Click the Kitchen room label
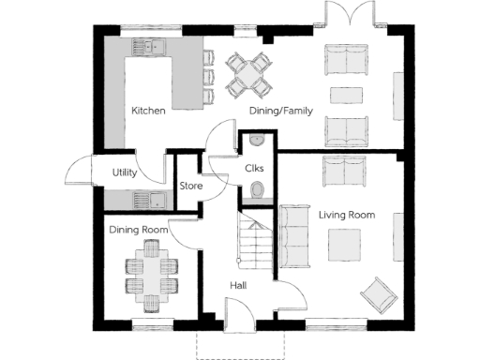tap(148, 111)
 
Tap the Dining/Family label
tap(278, 111)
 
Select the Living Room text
tap(346, 215)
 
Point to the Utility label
tap(126, 172)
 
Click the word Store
tap(190, 186)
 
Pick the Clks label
tap(255, 169)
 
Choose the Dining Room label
tap(138, 230)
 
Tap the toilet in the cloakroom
tap(256, 192)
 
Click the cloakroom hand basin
tap(256, 142)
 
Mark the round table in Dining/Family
tap(248, 72)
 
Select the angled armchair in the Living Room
tap(380, 293)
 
